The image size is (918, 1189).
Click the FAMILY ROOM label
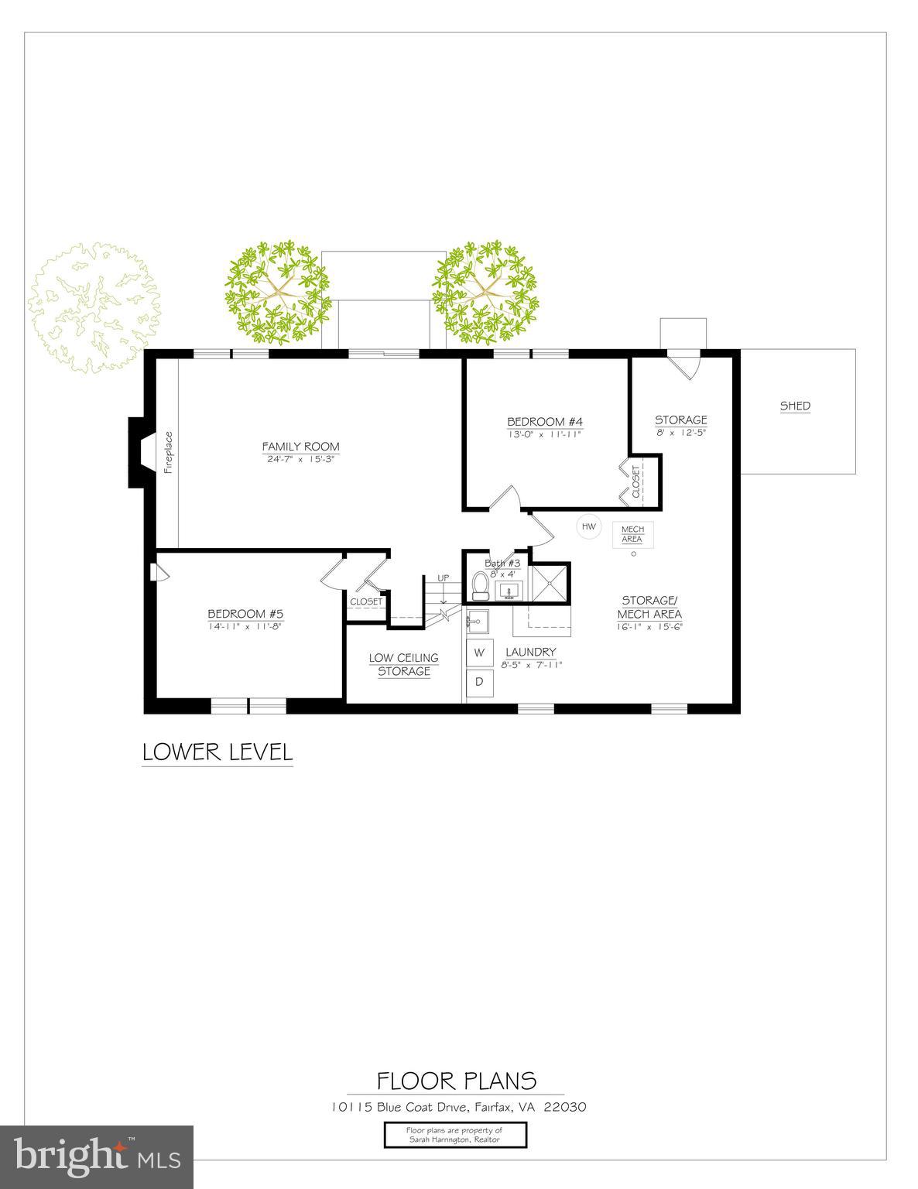pos(300,447)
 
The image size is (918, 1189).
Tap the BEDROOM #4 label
pos(544,421)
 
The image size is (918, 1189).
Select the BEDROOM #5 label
pos(245,614)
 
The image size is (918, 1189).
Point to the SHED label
pos(795,406)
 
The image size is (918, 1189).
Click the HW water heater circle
pos(589,527)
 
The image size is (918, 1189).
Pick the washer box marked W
pos(479,653)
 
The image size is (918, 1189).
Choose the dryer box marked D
pos(479,682)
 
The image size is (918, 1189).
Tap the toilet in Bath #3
pos(480,586)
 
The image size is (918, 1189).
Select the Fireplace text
pos(169,451)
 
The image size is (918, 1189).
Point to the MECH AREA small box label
pos(632,534)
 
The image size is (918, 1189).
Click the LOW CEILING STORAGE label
pos(403,665)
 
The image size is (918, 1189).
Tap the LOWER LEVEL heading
pos(218,752)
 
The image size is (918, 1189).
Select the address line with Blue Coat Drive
pos(458,1107)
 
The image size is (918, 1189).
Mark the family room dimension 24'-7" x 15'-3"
pos(300,459)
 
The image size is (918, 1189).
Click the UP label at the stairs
pos(444,577)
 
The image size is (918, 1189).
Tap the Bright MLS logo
pos(97,1156)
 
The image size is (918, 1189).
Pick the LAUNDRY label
pos(531,653)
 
